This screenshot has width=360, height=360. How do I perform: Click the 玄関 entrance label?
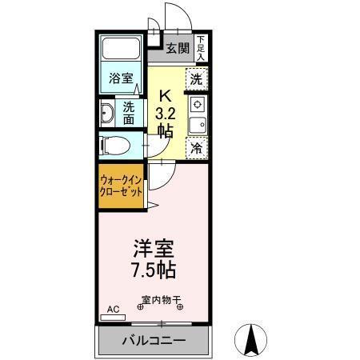click(x=178, y=48)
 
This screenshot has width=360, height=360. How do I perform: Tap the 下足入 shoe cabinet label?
click(x=201, y=48)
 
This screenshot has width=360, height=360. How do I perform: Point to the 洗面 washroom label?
click(x=128, y=113)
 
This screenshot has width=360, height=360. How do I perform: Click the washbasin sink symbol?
click(x=107, y=113)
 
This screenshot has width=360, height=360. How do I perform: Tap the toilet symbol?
click(x=111, y=146)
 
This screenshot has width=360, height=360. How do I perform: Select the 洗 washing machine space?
click(x=197, y=78)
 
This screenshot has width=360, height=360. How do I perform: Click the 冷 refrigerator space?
click(x=197, y=147)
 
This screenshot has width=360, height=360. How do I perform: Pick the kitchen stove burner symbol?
click(x=197, y=104)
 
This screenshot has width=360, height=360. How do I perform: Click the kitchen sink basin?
click(x=197, y=124)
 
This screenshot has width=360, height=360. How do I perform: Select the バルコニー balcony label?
click(x=154, y=341)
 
